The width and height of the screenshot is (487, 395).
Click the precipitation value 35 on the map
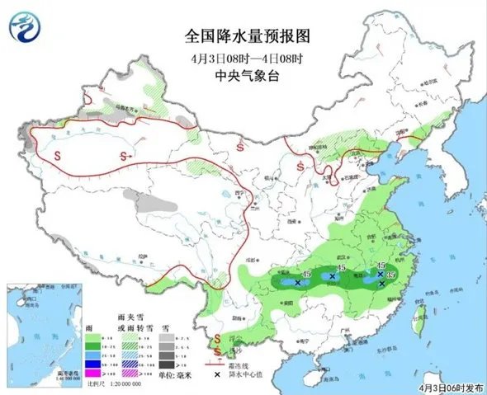391,274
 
